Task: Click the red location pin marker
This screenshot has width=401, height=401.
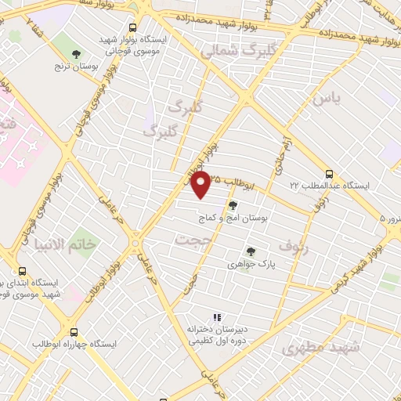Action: click(x=200, y=185)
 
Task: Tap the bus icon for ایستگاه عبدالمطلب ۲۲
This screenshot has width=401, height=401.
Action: click(x=328, y=175)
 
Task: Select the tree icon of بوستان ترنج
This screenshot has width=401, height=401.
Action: click(x=75, y=53)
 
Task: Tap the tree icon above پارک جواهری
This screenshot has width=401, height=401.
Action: click(x=250, y=252)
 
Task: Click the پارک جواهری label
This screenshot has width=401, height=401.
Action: click(x=250, y=265)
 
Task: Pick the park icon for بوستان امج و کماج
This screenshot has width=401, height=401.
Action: click(x=233, y=206)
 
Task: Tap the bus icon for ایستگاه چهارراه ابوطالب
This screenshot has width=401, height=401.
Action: click(x=74, y=332)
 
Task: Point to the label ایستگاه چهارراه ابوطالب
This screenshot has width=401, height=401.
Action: click(x=74, y=345)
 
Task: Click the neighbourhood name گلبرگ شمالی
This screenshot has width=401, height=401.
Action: click(x=229, y=52)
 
